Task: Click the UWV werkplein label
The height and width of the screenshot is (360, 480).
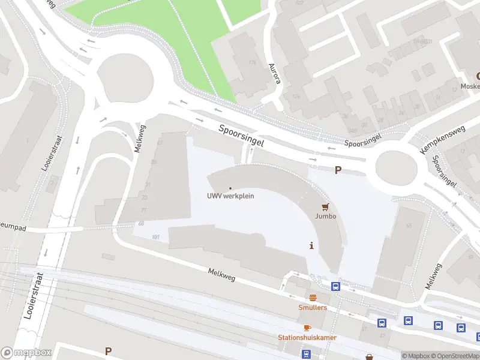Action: (230, 196)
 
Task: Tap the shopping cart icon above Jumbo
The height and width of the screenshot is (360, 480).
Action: (326, 207)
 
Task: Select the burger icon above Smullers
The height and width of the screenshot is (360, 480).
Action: (312, 298)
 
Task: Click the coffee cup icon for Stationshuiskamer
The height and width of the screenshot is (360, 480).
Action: (307, 328)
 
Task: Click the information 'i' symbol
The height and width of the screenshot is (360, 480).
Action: (311, 245)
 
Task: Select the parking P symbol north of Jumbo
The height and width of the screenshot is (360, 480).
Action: (338, 170)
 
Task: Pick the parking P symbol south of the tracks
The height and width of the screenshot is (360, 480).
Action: (108, 351)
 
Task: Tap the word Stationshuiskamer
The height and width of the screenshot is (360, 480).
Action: (307, 337)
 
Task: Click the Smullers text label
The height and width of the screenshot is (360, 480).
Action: (313, 308)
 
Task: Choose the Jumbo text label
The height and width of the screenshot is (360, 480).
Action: (326, 216)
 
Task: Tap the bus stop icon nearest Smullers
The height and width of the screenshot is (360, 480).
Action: (335, 286)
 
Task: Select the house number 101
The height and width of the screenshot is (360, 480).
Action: (156, 238)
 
